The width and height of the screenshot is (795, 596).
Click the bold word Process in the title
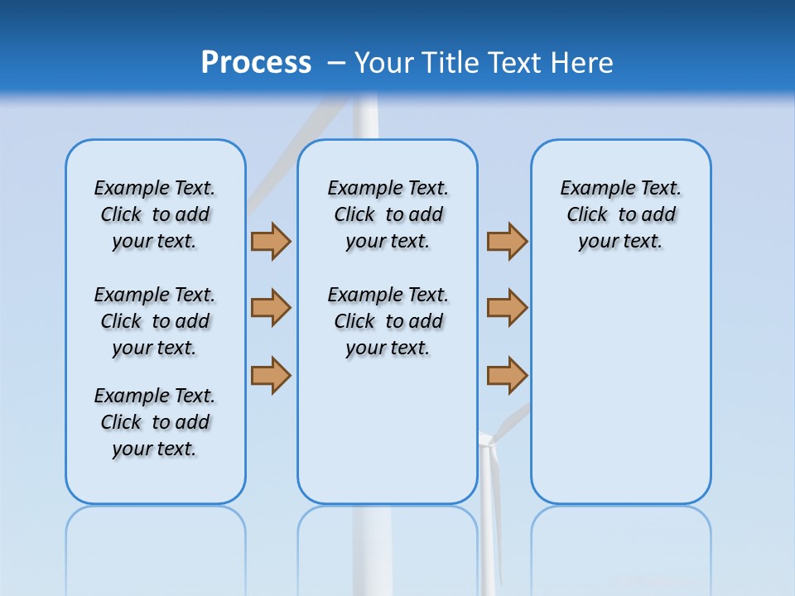click(256, 63)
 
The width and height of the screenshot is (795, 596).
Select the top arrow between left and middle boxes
click(271, 241)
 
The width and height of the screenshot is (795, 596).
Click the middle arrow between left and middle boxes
click(271, 308)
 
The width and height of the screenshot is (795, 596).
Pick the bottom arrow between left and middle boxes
click(271, 374)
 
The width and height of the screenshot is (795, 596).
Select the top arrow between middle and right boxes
click(507, 241)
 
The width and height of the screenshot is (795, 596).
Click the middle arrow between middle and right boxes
click(507, 308)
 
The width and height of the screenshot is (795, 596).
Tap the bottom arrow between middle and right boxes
click(507, 374)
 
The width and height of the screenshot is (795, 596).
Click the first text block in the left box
click(155, 214)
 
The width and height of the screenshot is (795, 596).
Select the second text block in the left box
click(155, 321)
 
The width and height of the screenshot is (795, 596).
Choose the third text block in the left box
click(155, 422)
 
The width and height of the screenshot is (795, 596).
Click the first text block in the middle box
click(388, 214)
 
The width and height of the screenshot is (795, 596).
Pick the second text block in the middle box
click(388, 321)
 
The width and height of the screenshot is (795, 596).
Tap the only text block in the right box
click(620, 214)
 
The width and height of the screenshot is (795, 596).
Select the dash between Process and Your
click(336, 63)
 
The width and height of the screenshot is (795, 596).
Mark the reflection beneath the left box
click(155, 538)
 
